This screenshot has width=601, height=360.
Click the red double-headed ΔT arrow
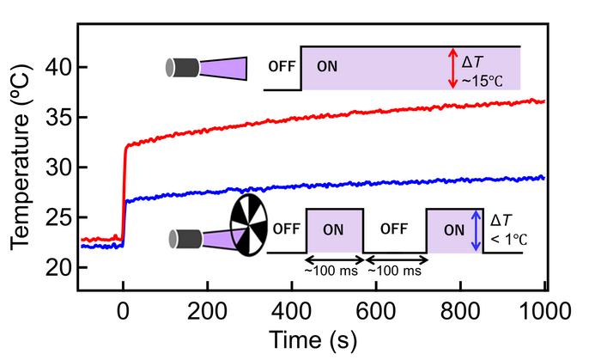(x=453, y=68)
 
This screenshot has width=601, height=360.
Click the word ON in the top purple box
(x=326, y=65)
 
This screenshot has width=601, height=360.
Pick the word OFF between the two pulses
(x=394, y=229)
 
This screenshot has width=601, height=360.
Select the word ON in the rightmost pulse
(x=453, y=229)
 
